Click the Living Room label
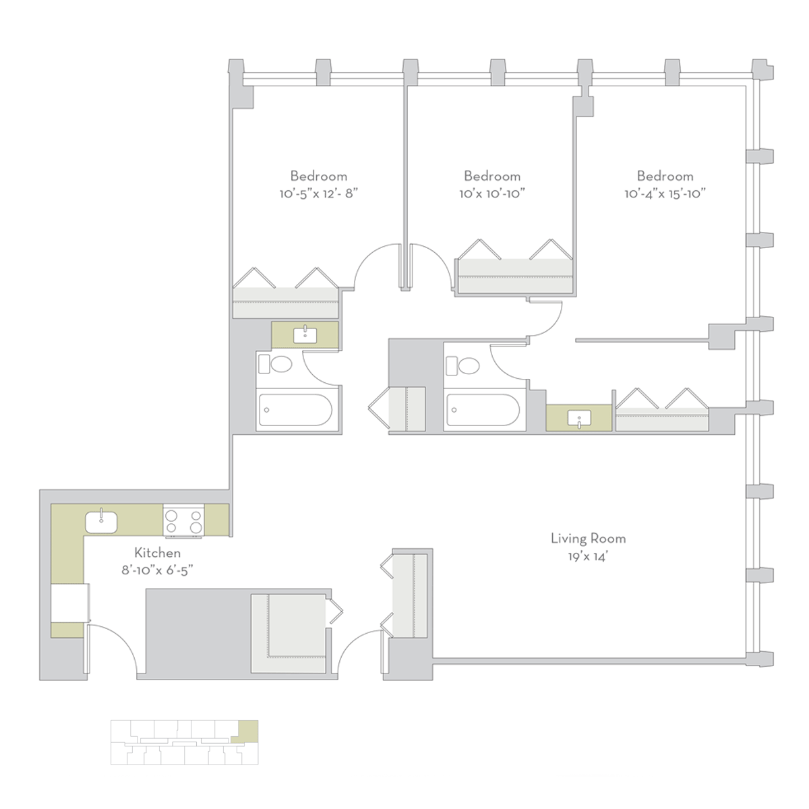click(x=588, y=539)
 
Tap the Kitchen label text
click(x=158, y=553)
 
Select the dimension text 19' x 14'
click(x=588, y=557)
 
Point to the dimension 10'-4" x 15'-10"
click(x=665, y=193)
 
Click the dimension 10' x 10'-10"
click(x=492, y=193)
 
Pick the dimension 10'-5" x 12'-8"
click(x=319, y=193)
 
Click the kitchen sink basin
click(x=101, y=522)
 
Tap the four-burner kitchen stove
click(x=183, y=521)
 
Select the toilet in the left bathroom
click(x=276, y=364)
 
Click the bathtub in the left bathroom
click(x=296, y=410)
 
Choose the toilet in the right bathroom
click(x=462, y=365)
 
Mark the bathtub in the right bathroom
click(x=483, y=410)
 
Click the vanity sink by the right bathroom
click(x=579, y=418)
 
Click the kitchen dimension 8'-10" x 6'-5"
click(x=158, y=570)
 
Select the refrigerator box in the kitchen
click(x=70, y=603)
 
